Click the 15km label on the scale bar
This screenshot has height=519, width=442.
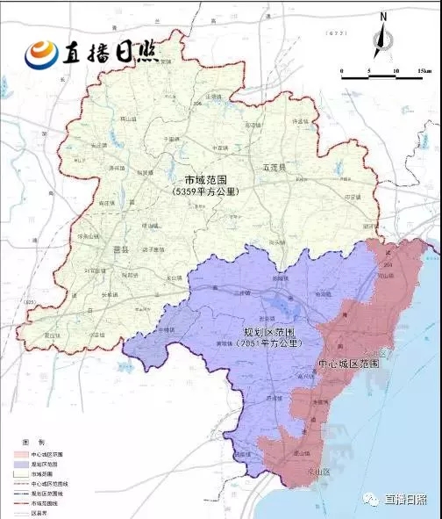pos(424,70)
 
